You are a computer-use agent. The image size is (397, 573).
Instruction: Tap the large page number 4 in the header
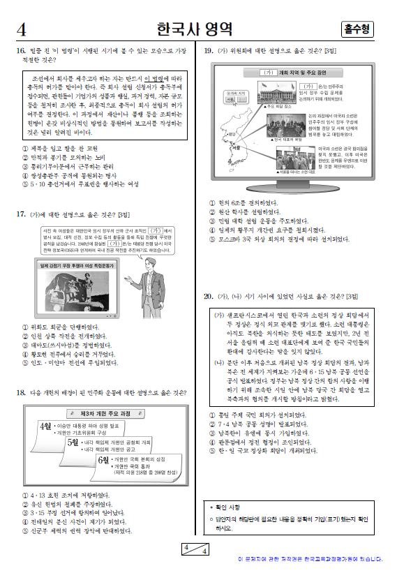point(22,30)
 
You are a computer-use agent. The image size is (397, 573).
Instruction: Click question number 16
point(20,51)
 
